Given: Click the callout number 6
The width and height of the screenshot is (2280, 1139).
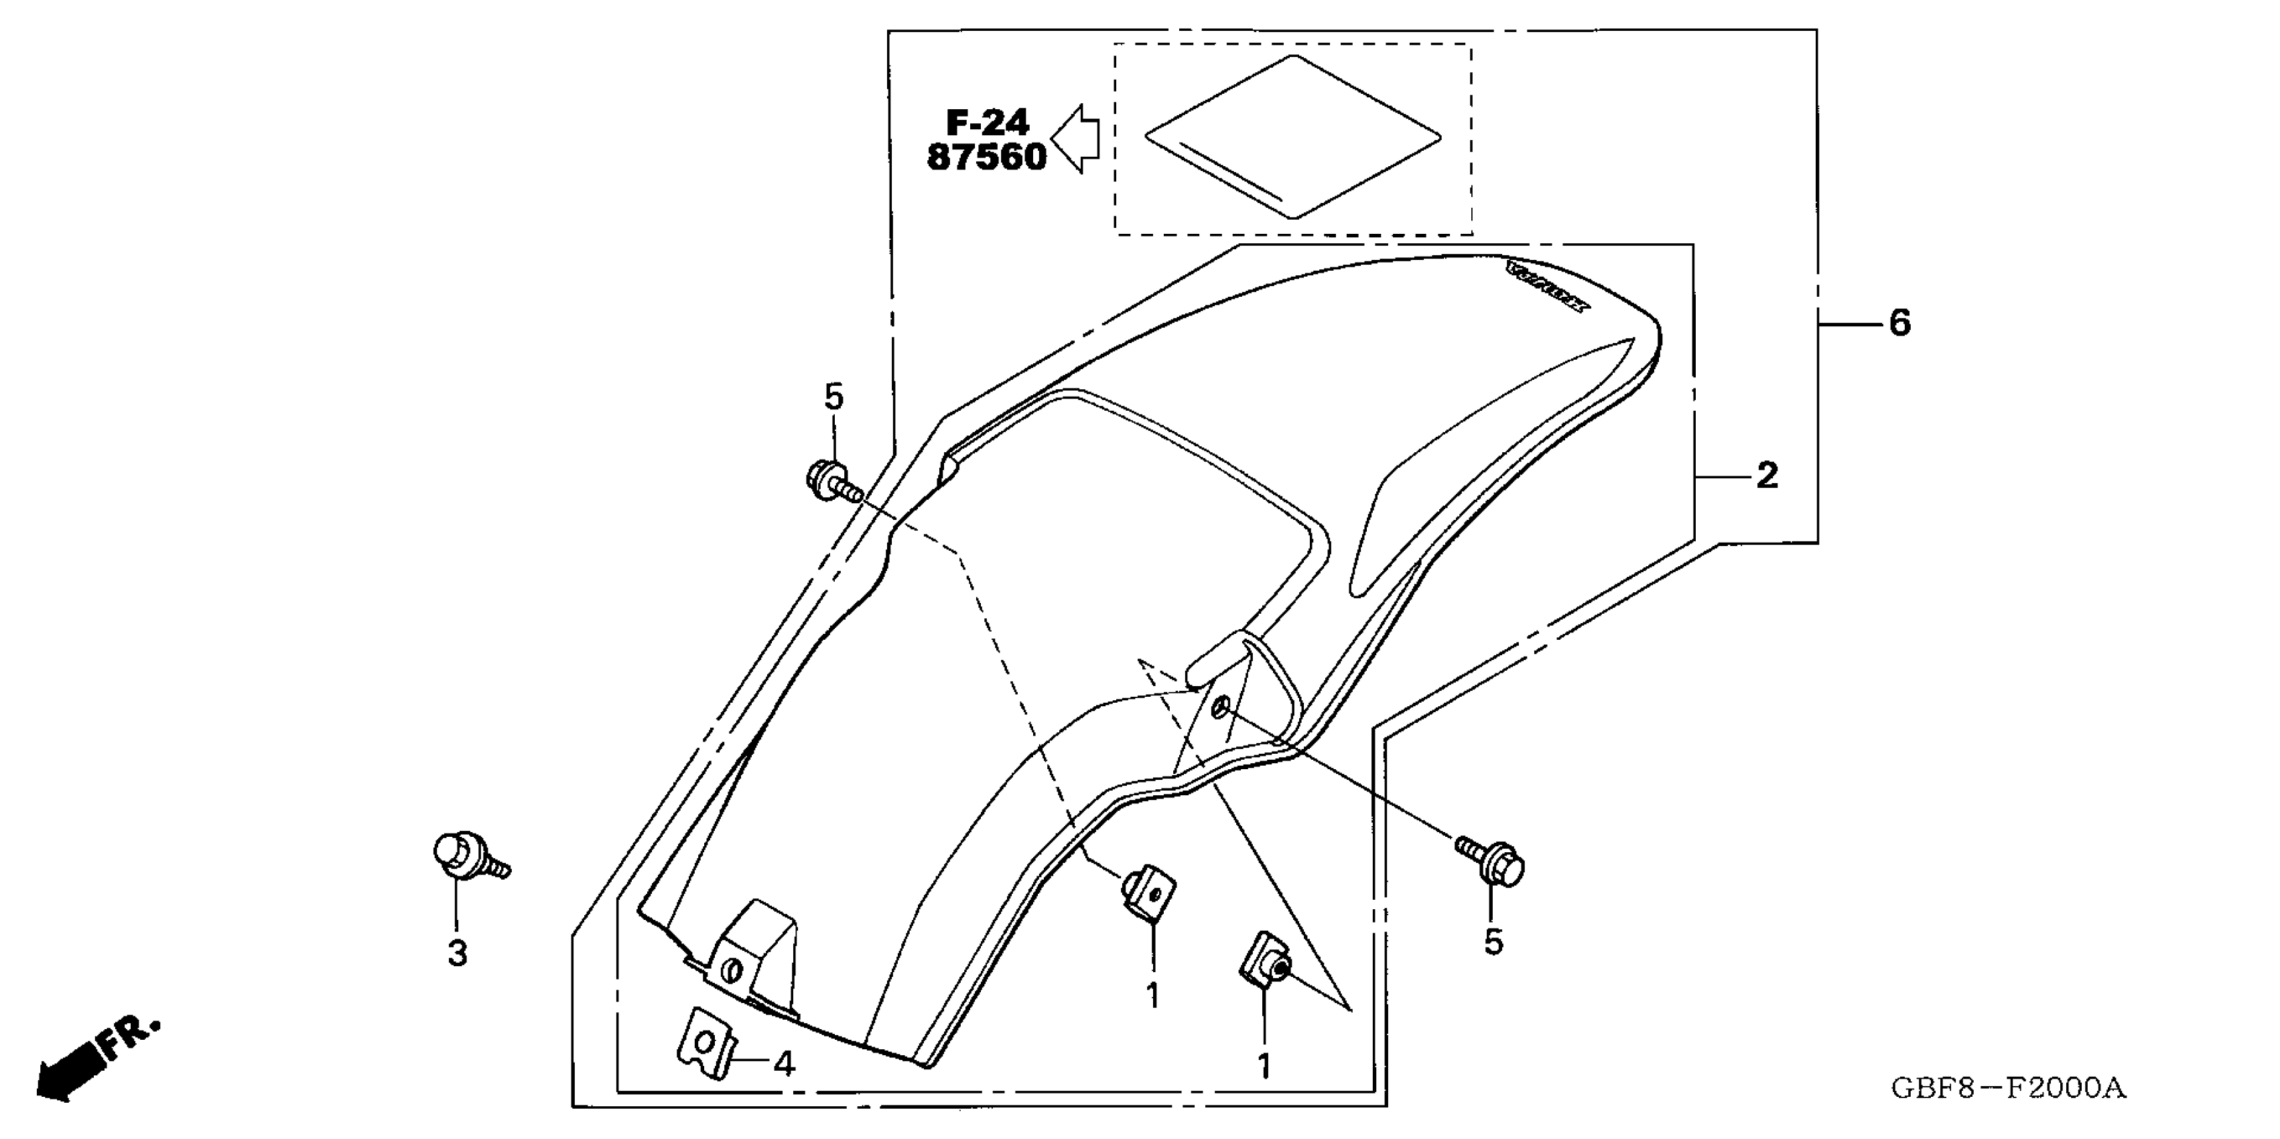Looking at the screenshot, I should coord(1899,324).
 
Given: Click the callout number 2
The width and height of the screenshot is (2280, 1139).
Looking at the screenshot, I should coord(1767,477).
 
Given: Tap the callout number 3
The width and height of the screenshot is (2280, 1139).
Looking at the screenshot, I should coord(457,953).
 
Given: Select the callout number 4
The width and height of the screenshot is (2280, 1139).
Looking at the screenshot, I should coord(784,1064).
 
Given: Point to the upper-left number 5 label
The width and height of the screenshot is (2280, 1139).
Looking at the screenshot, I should coord(833,397).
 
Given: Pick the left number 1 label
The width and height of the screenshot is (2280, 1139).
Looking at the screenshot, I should coord(1152,996).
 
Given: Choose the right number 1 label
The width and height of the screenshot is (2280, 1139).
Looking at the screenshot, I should coord(1264,1067).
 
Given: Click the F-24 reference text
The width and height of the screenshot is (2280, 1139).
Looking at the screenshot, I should coord(988,122).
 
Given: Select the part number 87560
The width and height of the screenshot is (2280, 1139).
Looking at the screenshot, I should coord(987,158).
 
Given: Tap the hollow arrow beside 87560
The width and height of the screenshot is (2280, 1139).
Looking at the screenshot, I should coord(1076,139).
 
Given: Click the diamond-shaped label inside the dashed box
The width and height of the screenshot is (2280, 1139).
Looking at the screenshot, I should coord(1292,137).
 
